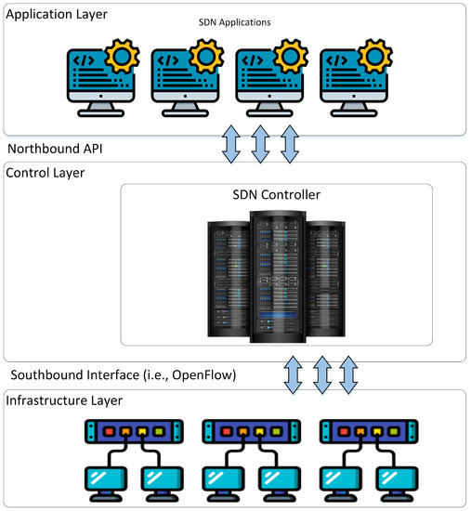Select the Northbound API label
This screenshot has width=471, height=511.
coord(56,148)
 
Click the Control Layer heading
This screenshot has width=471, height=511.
coord(46,173)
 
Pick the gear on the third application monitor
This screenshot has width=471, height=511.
coord(290,58)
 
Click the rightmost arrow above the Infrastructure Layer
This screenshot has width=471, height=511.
coord(348,373)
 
